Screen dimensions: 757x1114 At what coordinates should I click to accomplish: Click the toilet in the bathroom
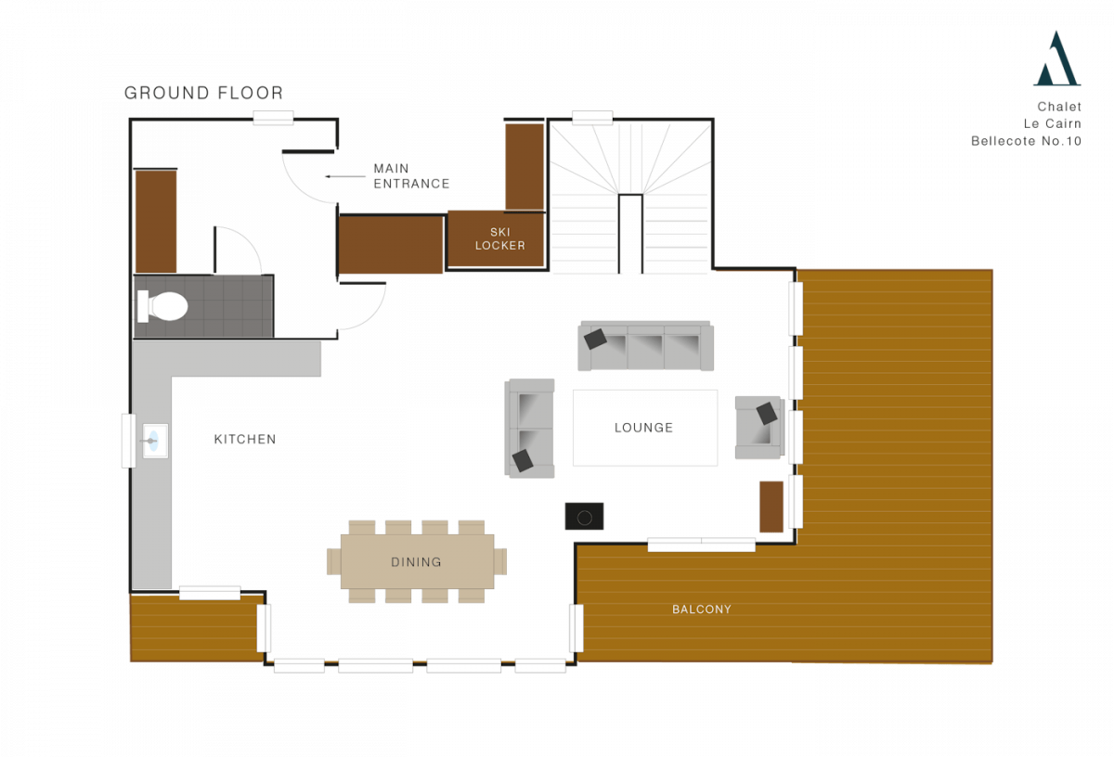coord(164,305)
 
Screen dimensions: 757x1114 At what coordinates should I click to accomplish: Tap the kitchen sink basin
coord(155,441)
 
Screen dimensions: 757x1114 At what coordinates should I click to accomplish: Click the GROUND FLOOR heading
coord(203,93)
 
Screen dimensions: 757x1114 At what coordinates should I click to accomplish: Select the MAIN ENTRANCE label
coord(410,175)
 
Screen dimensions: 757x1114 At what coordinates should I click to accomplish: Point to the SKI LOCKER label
coord(499,238)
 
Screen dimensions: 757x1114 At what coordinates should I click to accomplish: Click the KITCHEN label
coord(245,439)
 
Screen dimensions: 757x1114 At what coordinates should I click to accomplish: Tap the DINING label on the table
coord(416,562)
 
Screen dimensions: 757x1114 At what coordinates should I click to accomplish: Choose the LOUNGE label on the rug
coord(643,428)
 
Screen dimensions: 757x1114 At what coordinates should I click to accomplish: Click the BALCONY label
coord(702,609)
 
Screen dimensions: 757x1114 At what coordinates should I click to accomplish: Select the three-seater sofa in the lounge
coord(646,346)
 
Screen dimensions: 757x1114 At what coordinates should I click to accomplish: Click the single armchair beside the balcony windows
coord(758,428)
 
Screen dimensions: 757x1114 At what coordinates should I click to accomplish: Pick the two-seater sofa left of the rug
coord(530,429)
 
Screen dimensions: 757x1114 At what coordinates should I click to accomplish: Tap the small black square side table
coord(585,517)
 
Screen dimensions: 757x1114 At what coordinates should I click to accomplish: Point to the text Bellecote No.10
coord(1026,141)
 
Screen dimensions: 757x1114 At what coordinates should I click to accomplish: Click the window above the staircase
coord(591,118)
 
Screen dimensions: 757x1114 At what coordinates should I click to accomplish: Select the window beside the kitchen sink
coord(128,441)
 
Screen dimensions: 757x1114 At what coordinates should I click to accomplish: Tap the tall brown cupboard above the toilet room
coord(156,221)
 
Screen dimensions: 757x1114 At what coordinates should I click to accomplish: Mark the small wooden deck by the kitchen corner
coord(194,628)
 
